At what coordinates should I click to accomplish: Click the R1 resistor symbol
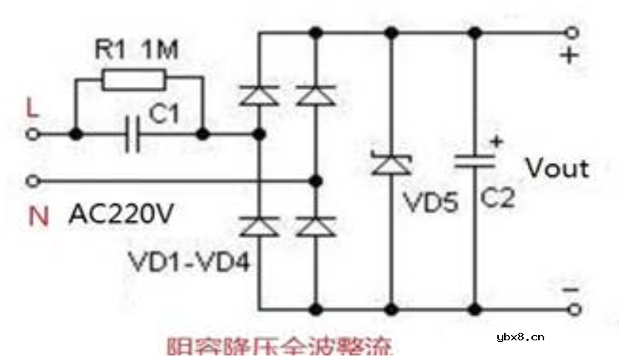tap(133, 79)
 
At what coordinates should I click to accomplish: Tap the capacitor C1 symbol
tap(133, 134)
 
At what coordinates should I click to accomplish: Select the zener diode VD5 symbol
tap(391, 162)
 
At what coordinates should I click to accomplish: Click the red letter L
tap(31, 109)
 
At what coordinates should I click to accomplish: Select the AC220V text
tap(121, 216)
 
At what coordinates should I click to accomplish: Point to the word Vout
tap(556, 168)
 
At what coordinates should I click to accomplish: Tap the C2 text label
tap(497, 198)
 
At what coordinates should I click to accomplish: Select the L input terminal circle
tap(32, 135)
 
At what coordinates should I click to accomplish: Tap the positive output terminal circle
tap(573, 33)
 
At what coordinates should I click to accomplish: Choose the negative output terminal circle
tap(573, 309)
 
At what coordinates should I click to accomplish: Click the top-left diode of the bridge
tap(259, 95)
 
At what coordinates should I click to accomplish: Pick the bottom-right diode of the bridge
tap(316, 225)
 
